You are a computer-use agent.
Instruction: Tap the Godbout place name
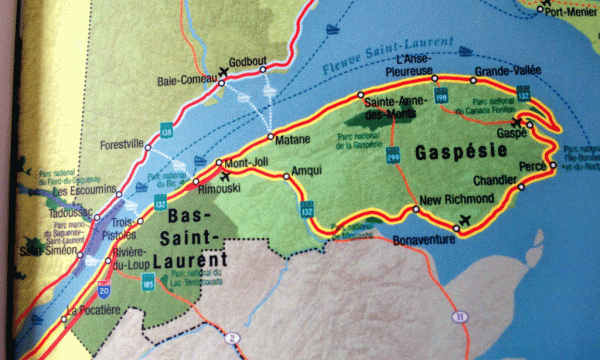(249, 59)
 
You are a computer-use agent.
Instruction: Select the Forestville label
(123, 143)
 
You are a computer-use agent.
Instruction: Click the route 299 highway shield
(392, 157)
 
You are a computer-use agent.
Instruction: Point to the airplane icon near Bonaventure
(463, 219)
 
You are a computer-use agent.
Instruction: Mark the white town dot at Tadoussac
(68, 212)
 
